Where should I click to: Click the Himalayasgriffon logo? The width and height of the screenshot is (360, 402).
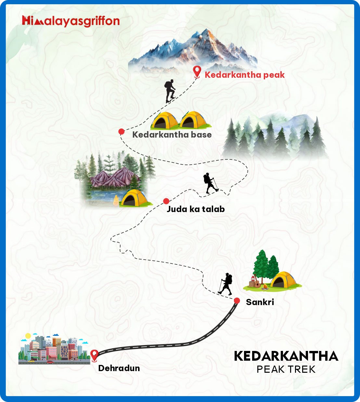tap(71, 21)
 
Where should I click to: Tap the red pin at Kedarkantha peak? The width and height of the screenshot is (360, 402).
tap(197, 71)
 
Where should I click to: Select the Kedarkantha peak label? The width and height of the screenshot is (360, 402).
tap(244, 75)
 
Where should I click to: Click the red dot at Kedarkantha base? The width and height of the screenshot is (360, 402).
tap(122, 131)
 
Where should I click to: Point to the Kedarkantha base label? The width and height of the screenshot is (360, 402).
tap(172, 135)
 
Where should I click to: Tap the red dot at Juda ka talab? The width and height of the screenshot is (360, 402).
tap(166, 201)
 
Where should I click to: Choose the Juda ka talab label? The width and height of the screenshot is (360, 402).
tap(196, 209)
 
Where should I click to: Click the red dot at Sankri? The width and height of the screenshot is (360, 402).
tap(237, 301)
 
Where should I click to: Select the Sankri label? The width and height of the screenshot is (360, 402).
tap(260, 302)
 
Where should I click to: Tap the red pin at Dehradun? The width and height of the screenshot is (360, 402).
tap(94, 355)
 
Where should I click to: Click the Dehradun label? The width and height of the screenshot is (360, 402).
tap(119, 368)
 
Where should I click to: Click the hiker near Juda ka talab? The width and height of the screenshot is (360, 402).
tap(211, 183)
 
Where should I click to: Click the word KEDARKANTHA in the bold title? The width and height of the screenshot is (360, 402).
tap(286, 356)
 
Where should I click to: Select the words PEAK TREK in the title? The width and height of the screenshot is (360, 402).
tap(286, 369)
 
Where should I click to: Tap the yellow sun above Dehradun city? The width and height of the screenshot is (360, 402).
tap(28, 336)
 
